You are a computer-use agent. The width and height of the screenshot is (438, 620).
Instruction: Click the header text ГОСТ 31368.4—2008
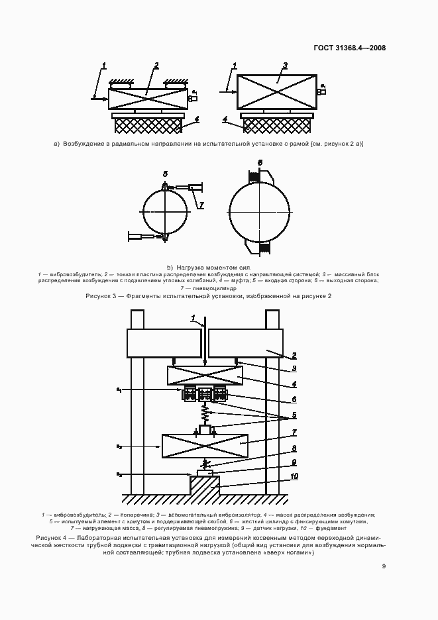click(x=350, y=48)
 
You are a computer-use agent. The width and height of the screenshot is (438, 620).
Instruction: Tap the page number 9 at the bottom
click(x=384, y=566)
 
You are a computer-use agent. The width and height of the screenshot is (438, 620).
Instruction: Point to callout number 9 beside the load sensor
click(x=294, y=462)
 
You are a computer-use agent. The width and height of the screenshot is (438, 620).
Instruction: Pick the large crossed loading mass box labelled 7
click(x=205, y=446)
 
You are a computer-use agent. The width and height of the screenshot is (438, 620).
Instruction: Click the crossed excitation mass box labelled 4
click(x=205, y=376)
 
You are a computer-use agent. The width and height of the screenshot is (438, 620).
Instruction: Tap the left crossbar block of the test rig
click(x=164, y=344)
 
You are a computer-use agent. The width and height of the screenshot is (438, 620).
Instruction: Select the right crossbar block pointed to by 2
click(x=245, y=344)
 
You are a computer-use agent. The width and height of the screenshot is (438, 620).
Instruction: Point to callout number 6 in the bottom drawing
click(x=294, y=400)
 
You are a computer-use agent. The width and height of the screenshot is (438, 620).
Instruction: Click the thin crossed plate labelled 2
click(x=147, y=99)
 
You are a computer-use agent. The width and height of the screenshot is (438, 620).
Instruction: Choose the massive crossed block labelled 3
click(x=277, y=91)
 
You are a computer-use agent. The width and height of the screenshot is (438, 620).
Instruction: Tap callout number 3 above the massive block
click(x=284, y=66)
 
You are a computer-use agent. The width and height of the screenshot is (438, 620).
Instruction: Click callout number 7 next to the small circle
click(x=201, y=206)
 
